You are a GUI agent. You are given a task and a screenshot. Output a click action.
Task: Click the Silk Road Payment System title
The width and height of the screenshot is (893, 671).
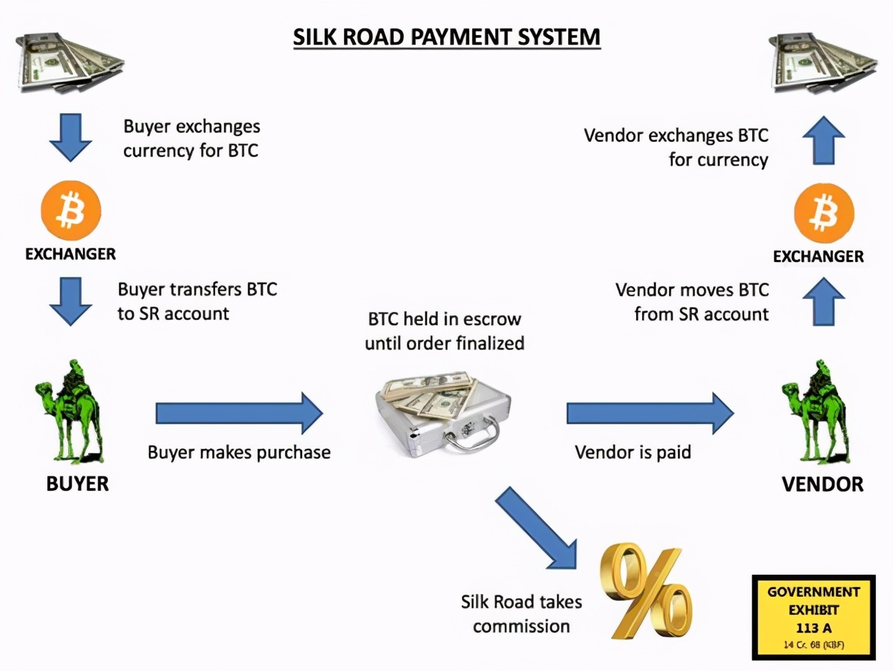447,36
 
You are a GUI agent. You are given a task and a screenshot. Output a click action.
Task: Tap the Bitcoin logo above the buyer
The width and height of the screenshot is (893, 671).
71,210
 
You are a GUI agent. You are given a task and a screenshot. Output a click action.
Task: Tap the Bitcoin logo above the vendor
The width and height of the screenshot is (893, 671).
824,212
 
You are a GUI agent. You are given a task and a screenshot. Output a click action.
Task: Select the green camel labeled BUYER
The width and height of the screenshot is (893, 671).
69,412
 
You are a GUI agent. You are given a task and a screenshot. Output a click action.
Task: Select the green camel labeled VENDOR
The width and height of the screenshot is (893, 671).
815,412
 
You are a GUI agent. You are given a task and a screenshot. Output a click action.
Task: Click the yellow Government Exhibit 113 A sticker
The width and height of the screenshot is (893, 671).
813,617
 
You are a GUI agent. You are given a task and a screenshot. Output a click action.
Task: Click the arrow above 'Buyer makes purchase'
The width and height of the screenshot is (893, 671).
239,413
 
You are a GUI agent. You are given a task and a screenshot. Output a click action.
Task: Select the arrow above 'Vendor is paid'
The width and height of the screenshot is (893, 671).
650,413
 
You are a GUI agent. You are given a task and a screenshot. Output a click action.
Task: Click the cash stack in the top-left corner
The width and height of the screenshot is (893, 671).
68,63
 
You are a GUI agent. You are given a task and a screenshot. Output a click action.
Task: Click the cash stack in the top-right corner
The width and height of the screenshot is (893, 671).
822,64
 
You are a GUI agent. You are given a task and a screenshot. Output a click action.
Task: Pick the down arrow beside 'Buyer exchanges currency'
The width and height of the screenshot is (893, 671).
71,137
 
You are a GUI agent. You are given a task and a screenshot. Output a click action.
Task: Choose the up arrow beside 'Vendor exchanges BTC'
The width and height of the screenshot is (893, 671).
824,140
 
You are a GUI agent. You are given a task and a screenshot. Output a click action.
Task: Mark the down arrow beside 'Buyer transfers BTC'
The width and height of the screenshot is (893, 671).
71,300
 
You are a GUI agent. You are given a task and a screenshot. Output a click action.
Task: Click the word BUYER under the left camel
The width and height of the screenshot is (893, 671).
78,484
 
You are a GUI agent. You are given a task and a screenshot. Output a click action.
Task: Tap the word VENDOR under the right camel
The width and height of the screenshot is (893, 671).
822,484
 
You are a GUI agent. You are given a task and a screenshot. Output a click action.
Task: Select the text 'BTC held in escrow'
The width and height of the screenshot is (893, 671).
444,319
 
